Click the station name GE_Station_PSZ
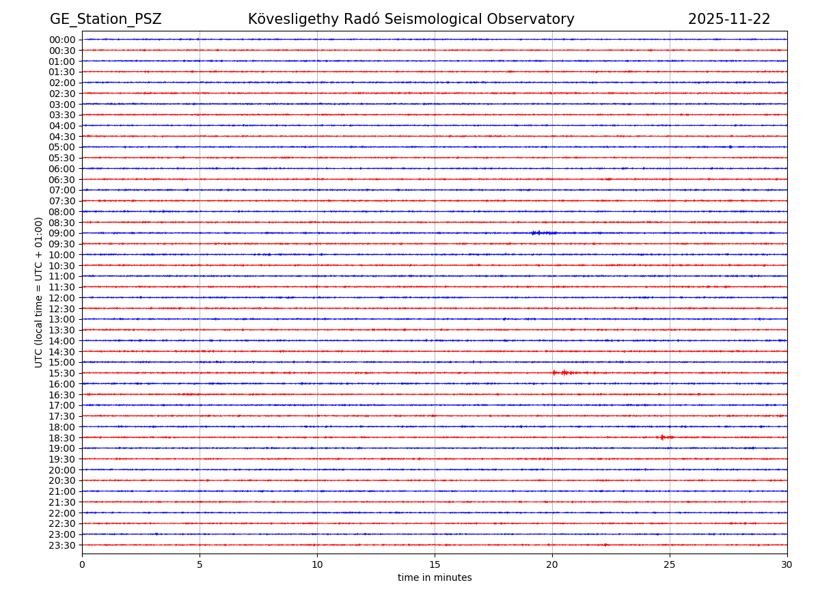pos(105,20)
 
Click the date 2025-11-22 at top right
pos(728,20)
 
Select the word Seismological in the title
pos(418,20)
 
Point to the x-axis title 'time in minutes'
pos(435,578)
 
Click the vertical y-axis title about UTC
pos(39,292)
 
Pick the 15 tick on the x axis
pos(435,565)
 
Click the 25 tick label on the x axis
pos(670,565)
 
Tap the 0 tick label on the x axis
pos(82,565)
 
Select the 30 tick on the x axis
pos(787,565)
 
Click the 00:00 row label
pos(62,40)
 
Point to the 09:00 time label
pos(62,233)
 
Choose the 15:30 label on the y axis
pos(62,373)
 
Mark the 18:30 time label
pos(62,438)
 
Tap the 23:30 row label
pos(62,545)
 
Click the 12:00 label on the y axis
pos(62,298)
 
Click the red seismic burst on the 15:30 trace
pos(564,372)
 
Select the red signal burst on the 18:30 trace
pos(664,437)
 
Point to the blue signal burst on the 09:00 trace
pos(543,233)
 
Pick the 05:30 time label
pos(62,158)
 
